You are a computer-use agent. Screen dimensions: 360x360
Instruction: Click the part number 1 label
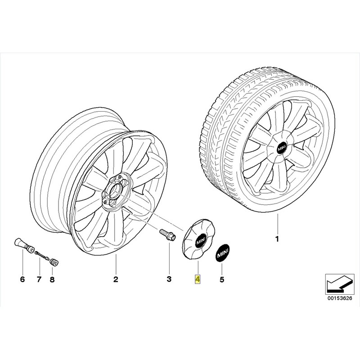277,239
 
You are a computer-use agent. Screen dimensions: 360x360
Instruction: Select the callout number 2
116,279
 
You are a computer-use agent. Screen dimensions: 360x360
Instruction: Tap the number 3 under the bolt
169,279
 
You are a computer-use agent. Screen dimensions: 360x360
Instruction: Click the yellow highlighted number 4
198,279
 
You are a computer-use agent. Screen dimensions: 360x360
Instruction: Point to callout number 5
222,279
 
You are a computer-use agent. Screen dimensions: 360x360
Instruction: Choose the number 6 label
22,279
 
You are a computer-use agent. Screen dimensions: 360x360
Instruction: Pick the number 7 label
39,279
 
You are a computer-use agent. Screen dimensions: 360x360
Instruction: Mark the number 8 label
52,279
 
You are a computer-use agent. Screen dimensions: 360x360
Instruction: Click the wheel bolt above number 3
167,234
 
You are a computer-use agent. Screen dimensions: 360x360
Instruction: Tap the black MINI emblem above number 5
222,252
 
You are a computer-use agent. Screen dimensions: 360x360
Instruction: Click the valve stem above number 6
24,245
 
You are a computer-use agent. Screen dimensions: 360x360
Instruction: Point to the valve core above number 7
42,255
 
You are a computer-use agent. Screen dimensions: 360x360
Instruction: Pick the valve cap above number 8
54,262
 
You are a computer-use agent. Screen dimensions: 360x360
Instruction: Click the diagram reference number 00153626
340,299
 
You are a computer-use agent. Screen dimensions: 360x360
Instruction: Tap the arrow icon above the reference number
340,284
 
